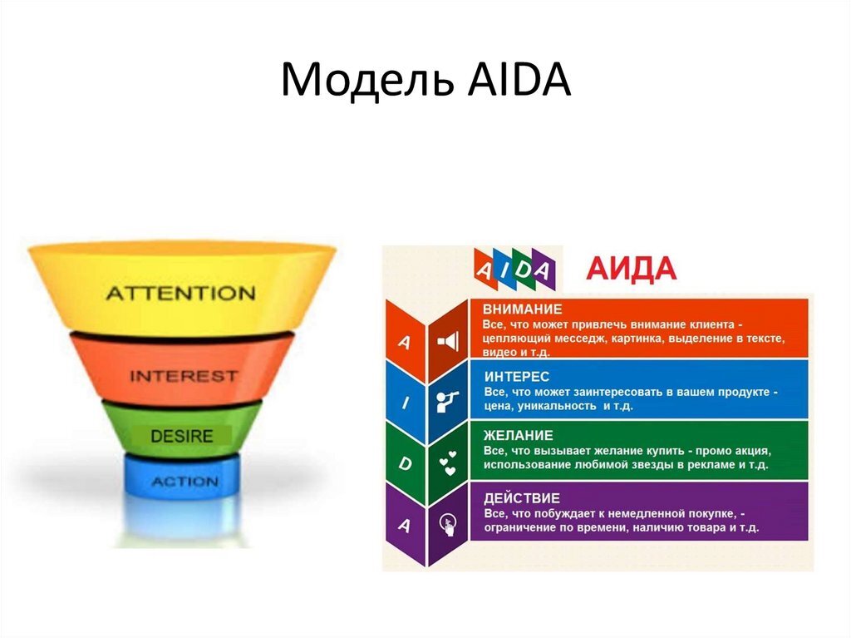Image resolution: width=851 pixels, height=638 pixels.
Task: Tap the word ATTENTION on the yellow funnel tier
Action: (x=180, y=293)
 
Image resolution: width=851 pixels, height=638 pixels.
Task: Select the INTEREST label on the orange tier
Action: (x=183, y=376)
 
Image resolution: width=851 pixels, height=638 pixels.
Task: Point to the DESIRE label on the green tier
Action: (x=182, y=436)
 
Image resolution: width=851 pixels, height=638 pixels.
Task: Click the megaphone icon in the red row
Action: (x=448, y=341)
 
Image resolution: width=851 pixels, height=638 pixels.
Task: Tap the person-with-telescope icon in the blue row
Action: (x=448, y=402)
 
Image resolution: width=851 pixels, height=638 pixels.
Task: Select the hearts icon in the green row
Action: (x=448, y=463)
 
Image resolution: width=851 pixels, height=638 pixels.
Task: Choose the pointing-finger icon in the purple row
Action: (x=448, y=524)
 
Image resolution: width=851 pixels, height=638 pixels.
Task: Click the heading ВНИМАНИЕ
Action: (x=523, y=308)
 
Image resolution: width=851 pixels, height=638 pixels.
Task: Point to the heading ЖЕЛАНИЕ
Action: (x=519, y=435)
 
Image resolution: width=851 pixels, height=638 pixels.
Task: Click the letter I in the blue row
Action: (x=405, y=403)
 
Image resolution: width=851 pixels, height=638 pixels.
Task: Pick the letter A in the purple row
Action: (x=405, y=525)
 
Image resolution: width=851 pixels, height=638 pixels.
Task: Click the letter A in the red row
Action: (x=405, y=342)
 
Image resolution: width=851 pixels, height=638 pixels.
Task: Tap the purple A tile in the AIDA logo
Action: (x=542, y=270)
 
